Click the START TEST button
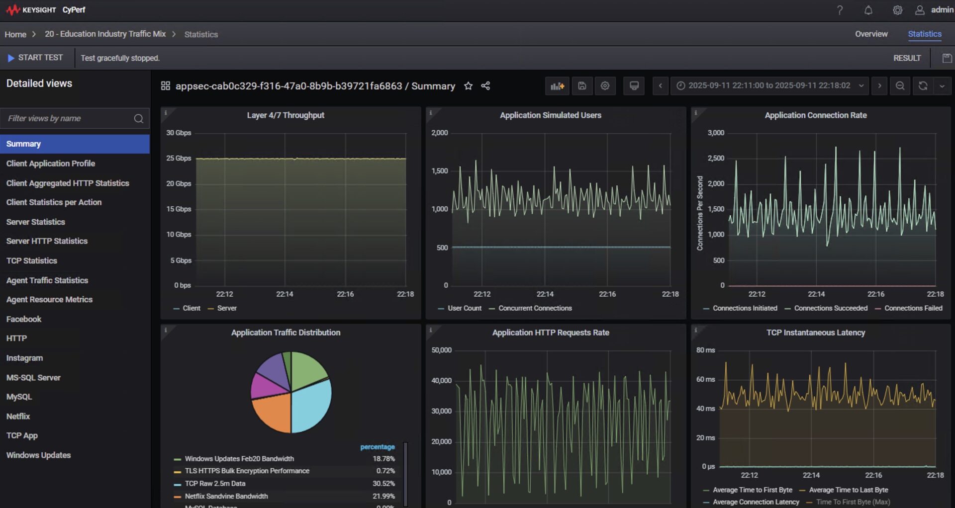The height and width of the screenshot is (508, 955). pyautogui.click(x=35, y=58)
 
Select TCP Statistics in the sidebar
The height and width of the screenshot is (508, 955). pyautogui.click(x=31, y=260)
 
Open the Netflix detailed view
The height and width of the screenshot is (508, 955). pyautogui.click(x=18, y=416)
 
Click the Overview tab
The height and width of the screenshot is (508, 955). pyautogui.click(x=871, y=34)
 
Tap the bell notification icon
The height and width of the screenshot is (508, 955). pyautogui.click(x=868, y=10)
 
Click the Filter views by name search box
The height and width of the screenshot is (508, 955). pyautogui.click(x=70, y=118)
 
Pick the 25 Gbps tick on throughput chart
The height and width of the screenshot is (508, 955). pyautogui.click(x=179, y=158)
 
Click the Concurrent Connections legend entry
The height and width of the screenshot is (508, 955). pyautogui.click(x=535, y=308)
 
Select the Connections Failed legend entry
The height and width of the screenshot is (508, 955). pyautogui.click(x=913, y=308)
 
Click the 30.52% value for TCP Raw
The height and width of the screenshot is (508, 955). pyautogui.click(x=383, y=483)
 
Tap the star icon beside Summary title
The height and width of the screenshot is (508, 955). pyautogui.click(x=468, y=86)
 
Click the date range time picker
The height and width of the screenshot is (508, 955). pyautogui.click(x=769, y=85)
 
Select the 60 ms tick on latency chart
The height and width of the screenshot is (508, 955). pyautogui.click(x=705, y=379)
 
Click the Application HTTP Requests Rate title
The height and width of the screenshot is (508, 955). pyautogui.click(x=551, y=333)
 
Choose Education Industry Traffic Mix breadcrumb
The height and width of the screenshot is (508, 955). pyautogui.click(x=105, y=34)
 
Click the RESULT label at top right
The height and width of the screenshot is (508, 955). pyautogui.click(x=907, y=58)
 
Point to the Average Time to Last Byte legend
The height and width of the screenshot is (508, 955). pyautogui.click(x=848, y=490)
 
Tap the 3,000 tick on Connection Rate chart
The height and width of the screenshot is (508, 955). pyautogui.click(x=716, y=133)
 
